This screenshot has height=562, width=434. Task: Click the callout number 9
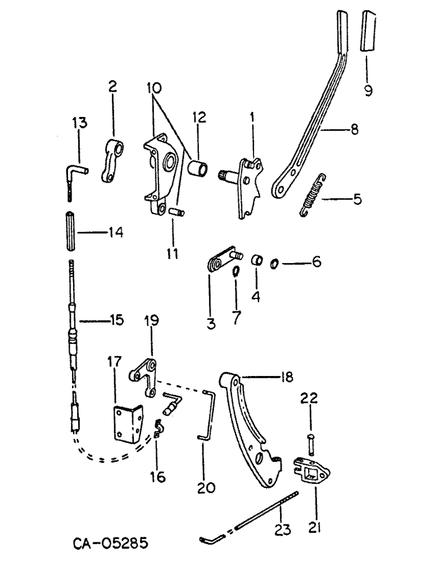pos(368,90)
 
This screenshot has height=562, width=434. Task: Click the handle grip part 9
pos(369,31)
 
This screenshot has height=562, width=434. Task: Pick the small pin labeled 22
pos(311,437)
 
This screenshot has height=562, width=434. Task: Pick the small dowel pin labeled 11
pos(174,213)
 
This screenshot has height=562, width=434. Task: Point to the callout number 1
pos(252,118)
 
